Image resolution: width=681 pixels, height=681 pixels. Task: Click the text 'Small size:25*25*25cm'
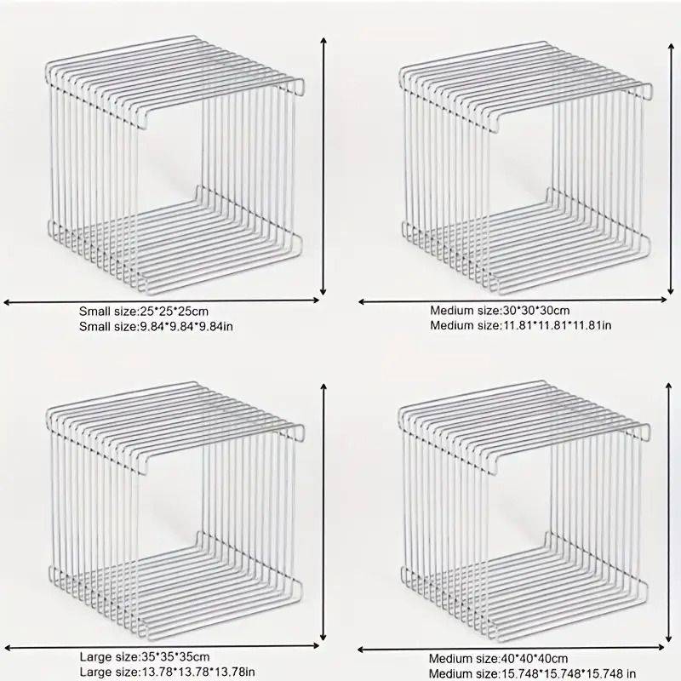(144, 311)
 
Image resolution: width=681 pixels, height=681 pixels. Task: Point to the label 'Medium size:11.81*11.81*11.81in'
(521, 325)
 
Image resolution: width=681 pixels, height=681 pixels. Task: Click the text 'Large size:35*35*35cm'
(144, 656)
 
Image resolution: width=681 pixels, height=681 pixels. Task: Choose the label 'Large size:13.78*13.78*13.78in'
(166, 672)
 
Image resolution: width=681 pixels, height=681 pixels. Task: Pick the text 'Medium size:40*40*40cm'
(499, 658)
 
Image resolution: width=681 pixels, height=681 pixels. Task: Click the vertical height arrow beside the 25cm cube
(323, 166)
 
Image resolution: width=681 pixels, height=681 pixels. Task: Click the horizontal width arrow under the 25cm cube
(162, 300)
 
